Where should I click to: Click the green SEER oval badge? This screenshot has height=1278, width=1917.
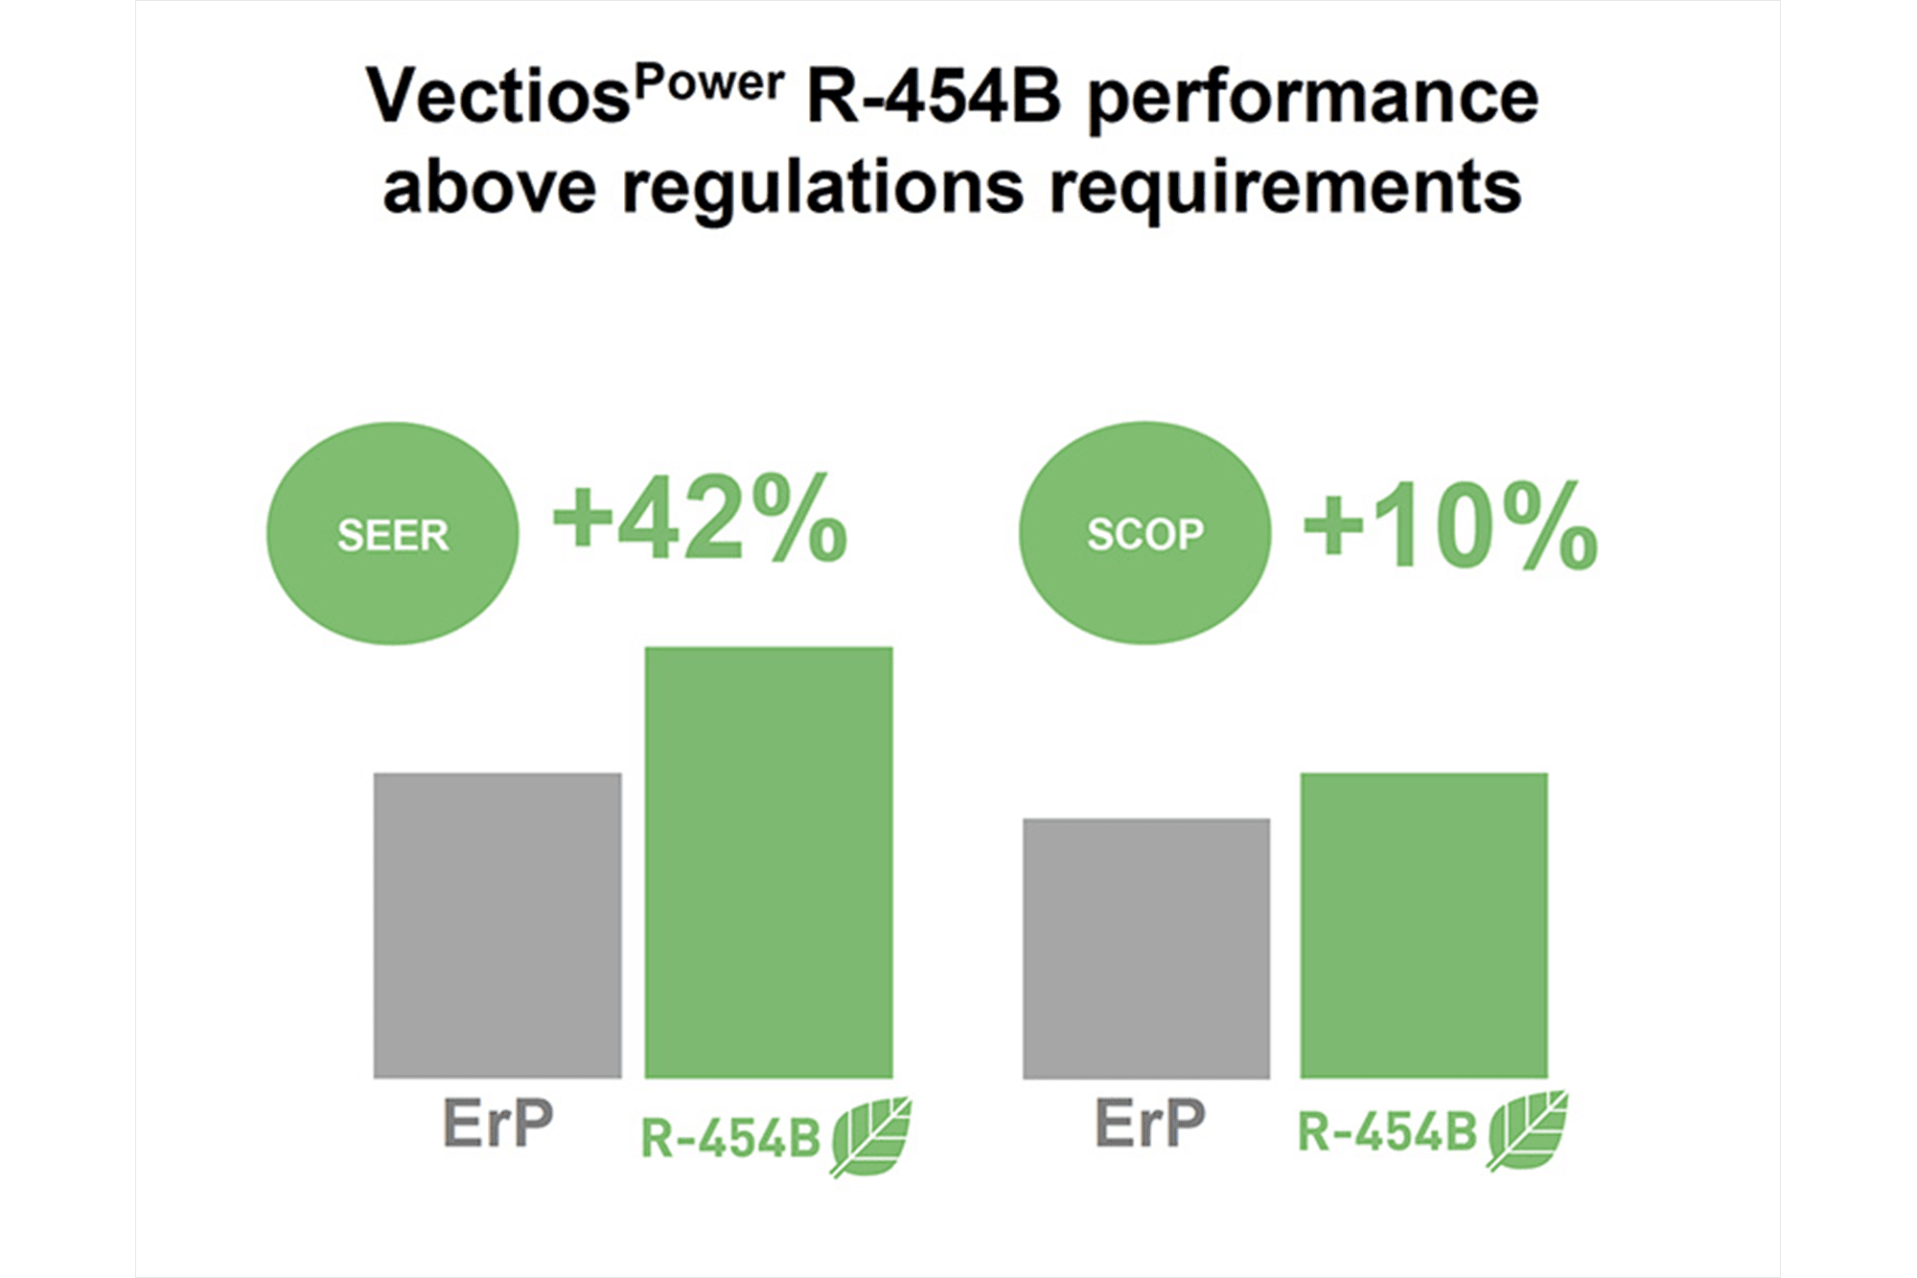[x=393, y=533]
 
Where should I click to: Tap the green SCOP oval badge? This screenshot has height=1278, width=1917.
[x=1144, y=533]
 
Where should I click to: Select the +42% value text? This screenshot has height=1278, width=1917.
[x=701, y=518]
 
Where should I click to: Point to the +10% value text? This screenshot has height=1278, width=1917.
[x=1451, y=525]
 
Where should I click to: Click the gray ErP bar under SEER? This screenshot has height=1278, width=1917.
[x=497, y=925]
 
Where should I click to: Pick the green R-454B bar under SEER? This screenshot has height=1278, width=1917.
[x=769, y=863]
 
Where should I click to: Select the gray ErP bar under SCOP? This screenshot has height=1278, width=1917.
[x=1146, y=948]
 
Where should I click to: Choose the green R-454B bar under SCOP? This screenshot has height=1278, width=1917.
[x=1424, y=925]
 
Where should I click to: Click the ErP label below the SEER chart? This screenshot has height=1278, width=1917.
[x=498, y=1123]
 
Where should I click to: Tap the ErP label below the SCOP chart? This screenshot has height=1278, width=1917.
[x=1150, y=1123]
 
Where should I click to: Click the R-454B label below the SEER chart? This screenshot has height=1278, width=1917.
[x=730, y=1139]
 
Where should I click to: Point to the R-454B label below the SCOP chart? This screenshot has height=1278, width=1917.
[x=1387, y=1132]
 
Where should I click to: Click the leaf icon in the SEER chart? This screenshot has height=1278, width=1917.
[x=870, y=1137]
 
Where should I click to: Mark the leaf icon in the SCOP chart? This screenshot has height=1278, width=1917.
[x=1527, y=1130]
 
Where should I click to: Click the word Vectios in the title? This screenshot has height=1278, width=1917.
[x=497, y=97]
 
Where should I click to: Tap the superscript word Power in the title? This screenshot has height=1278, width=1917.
[x=709, y=82]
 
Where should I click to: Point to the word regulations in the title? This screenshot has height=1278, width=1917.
[x=823, y=190]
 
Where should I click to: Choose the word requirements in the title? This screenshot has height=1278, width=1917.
[x=1285, y=190]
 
